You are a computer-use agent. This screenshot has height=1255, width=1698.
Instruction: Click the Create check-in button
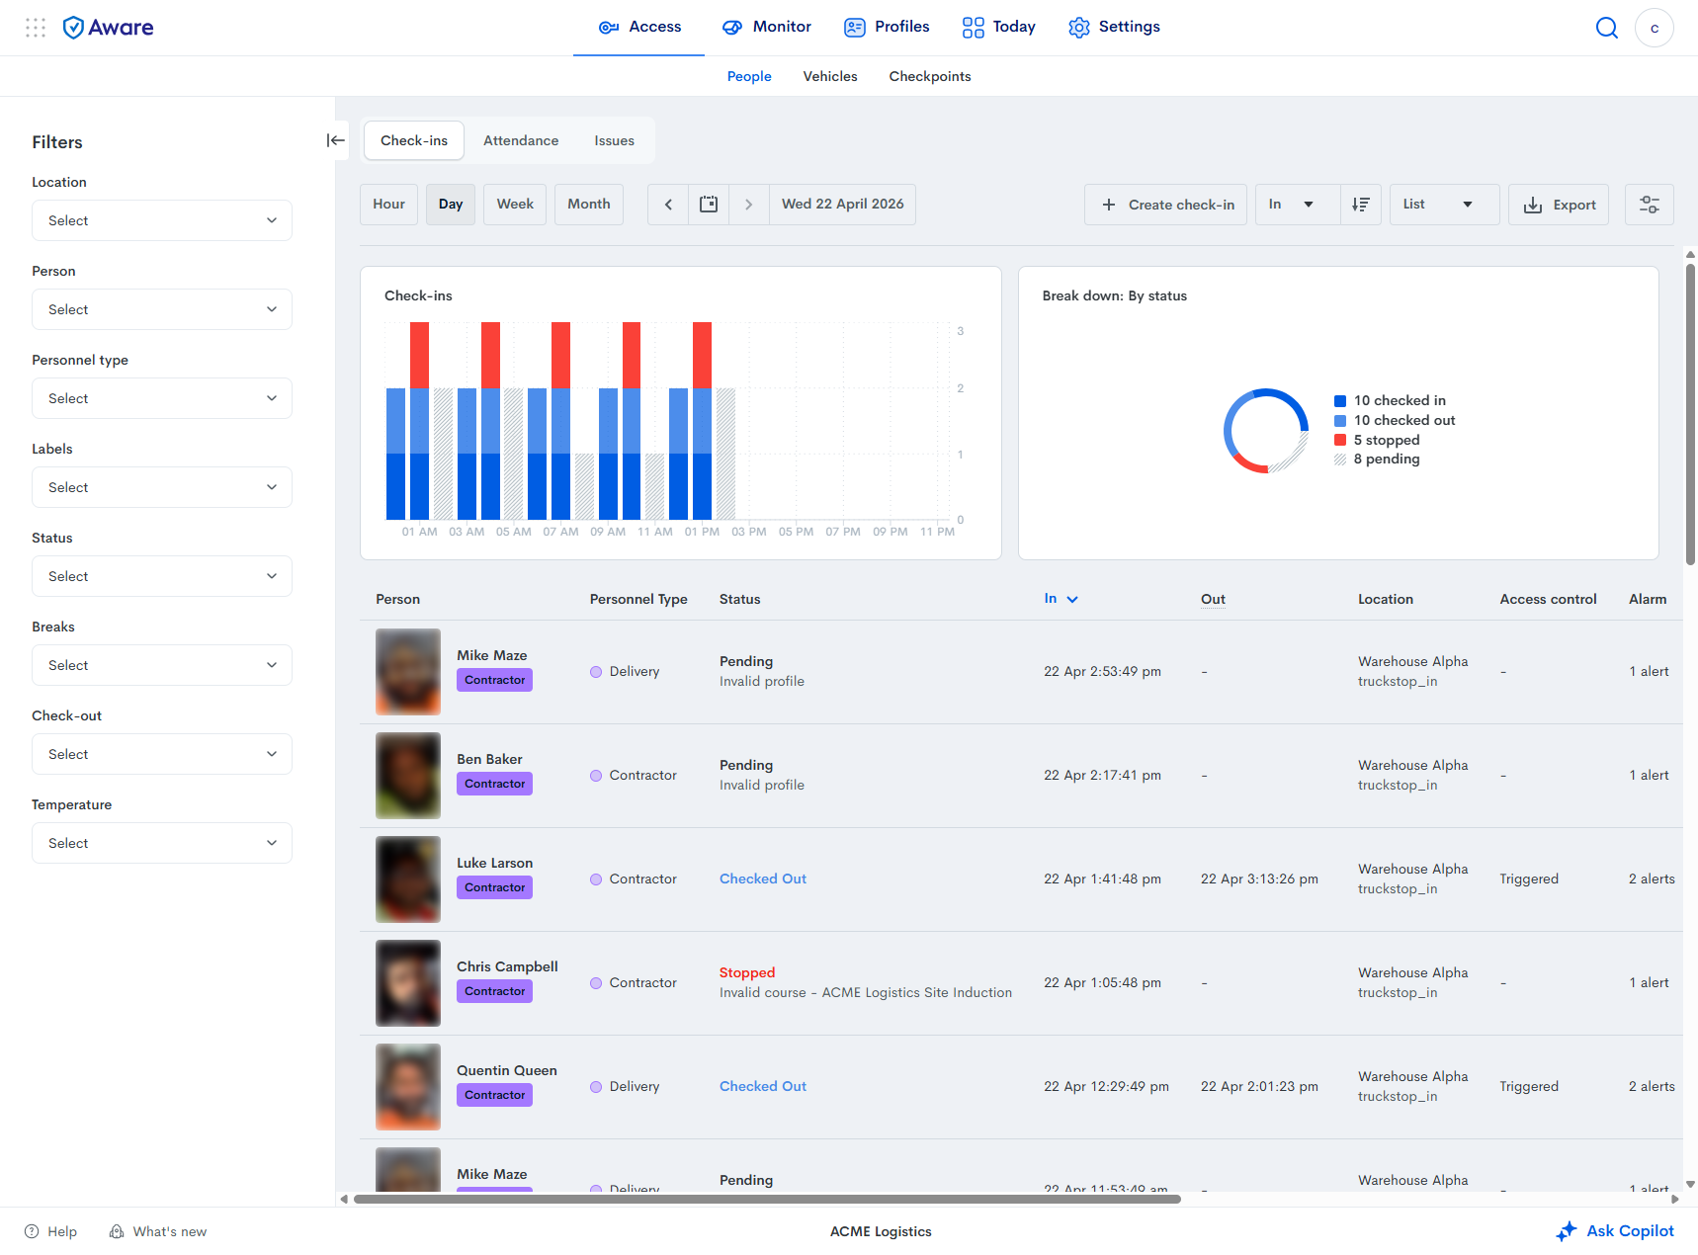[x=1165, y=205]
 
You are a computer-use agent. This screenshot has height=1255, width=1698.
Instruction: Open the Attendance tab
[x=521, y=140]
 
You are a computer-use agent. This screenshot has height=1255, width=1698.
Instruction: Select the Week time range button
[x=515, y=205]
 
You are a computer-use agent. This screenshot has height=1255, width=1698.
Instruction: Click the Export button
[x=1559, y=205]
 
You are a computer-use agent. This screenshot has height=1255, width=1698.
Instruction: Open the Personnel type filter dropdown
[x=162, y=398]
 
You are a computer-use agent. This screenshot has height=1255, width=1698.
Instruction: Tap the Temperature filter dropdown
[x=162, y=843]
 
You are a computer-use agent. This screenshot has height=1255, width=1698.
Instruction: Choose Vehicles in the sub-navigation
[x=830, y=76]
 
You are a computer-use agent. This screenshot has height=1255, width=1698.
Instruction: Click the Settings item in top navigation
[x=1114, y=27]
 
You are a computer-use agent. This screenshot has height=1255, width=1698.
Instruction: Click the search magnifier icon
[x=1607, y=28]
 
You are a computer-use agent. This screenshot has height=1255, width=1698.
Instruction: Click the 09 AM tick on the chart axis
[x=608, y=532]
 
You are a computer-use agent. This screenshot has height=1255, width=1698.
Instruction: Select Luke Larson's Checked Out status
[x=763, y=878]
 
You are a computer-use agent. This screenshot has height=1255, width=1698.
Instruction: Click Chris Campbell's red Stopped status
[x=747, y=972]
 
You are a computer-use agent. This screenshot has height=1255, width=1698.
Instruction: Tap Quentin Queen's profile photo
[x=408, y=1087]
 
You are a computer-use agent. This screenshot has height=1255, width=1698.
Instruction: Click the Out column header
[x=1213, y=599]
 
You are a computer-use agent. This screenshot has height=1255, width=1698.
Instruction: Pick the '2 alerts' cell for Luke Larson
[x=1652, y=878]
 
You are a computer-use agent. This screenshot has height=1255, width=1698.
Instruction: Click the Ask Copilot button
[x=1615, y=1231]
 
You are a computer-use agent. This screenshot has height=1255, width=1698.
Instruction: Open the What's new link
[x=158, y=1231]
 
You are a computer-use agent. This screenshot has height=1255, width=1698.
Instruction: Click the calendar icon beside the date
[x=709, y=205]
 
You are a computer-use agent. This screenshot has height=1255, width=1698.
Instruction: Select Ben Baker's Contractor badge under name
[x=495, y=784]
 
